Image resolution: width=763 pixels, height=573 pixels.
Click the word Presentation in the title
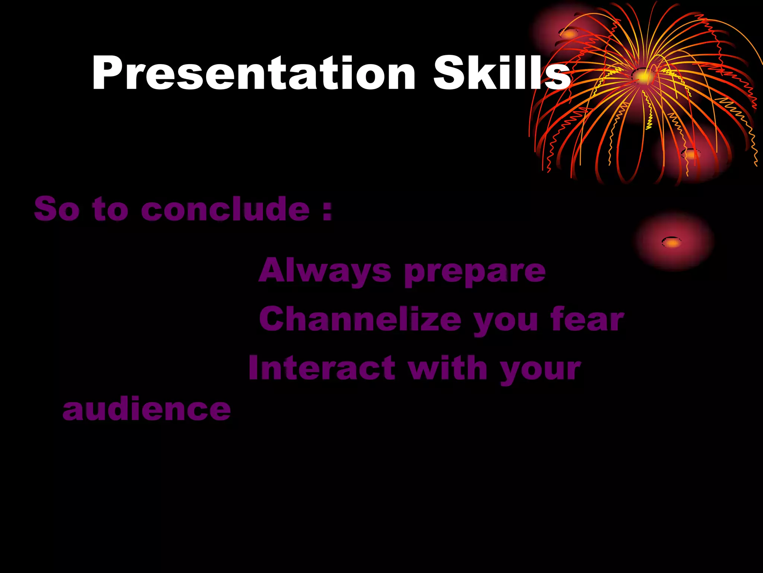click(x=253, y=73)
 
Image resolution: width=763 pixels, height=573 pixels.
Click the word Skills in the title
click(x=501, y=73)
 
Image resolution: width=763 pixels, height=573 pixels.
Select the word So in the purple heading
click(x=57, y=209)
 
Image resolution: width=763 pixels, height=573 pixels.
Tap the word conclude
click(x=225, y=209)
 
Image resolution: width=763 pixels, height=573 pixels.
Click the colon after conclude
click(x=327, y=211)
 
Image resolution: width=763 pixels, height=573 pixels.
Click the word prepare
click(x=475, y=272)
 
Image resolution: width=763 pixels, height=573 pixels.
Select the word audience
click(x=147, y=409)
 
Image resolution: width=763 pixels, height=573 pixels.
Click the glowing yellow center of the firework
click(x=643, y=76)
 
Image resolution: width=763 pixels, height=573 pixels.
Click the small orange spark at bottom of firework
click(x=690, y=154)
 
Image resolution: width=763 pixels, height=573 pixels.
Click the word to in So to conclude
click(x=110, y=209)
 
